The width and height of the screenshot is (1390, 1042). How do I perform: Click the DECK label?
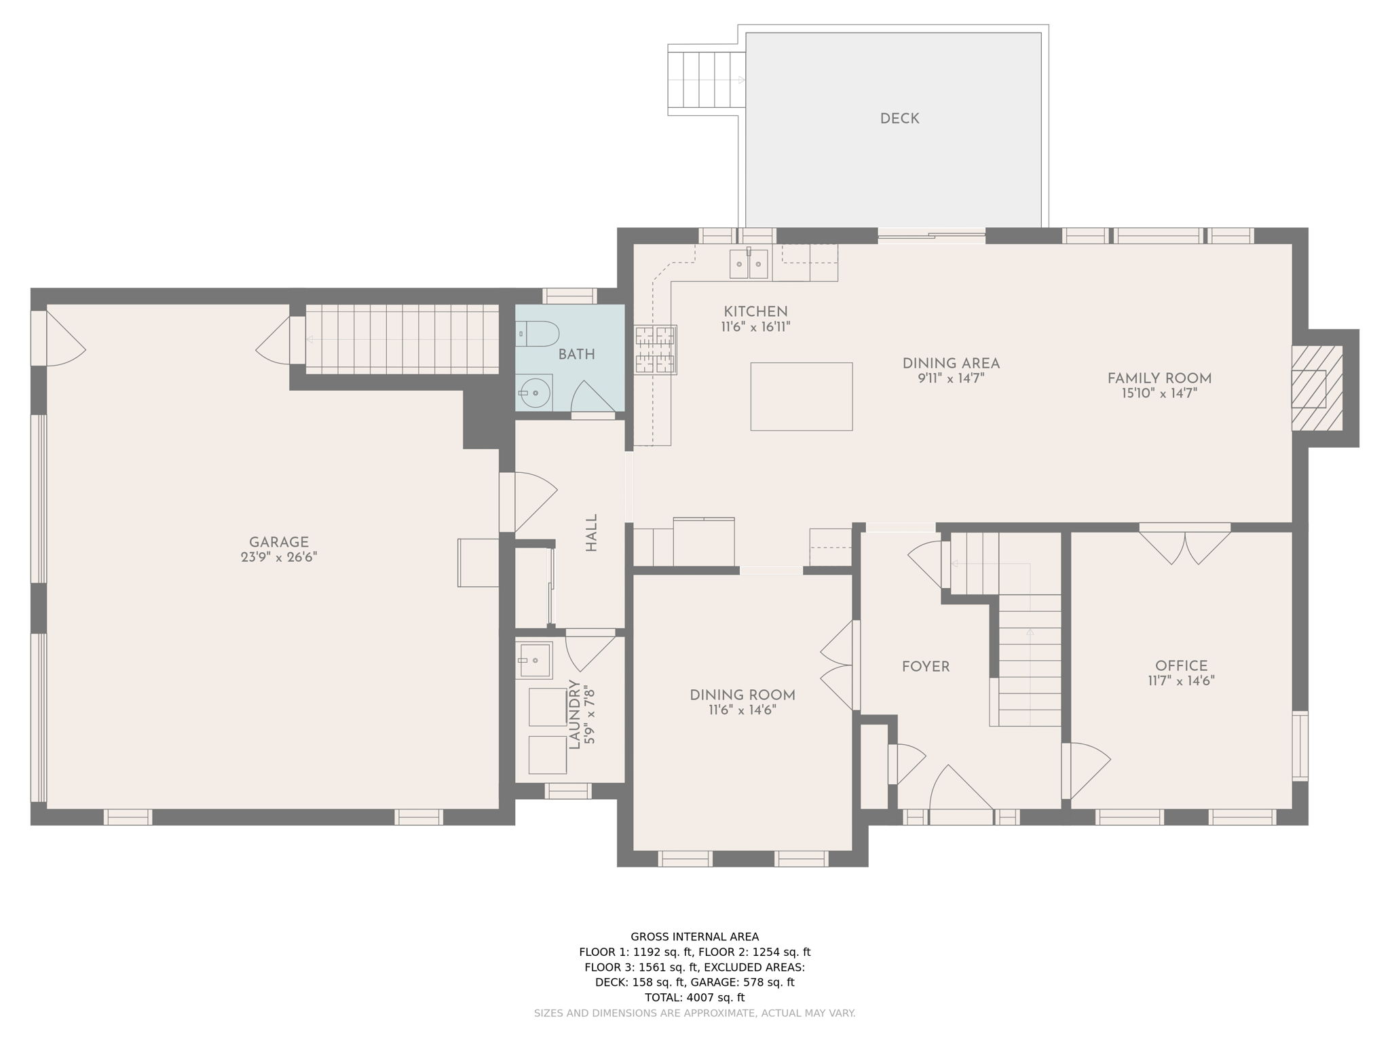[x=899, y=119]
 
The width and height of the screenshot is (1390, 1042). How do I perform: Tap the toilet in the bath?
[x=540, y=334]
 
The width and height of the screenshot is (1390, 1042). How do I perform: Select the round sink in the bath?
[x=535, y=392]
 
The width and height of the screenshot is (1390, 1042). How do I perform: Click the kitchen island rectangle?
[x=801, y=396]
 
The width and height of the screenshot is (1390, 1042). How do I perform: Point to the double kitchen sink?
[x=749, y=264]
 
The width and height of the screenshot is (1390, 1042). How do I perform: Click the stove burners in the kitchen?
[x=656, y=349]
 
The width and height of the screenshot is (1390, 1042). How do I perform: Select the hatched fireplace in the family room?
[x=1316, y=388]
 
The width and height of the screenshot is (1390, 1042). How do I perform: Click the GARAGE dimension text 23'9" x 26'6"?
[x=279, y=558]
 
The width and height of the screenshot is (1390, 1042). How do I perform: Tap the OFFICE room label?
[x=1181, y=666]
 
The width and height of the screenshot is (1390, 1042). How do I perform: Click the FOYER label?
[x=925, y=667]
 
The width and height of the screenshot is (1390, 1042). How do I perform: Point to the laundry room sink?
[x=534, y=660]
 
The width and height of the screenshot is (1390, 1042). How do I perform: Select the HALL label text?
[x=592, y=533]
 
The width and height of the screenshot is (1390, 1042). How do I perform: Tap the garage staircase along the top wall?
[x=402, y=339]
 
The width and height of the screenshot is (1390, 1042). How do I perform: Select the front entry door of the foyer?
[x=960, y=794]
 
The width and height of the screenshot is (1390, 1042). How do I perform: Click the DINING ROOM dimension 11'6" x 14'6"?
[x=743, y=710]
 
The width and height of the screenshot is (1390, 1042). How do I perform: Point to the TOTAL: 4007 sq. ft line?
[x=694, y=997]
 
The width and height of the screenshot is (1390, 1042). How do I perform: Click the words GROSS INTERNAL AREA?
[x=694, y=937]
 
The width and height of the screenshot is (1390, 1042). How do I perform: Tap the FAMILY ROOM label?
[x=1159, y=379]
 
